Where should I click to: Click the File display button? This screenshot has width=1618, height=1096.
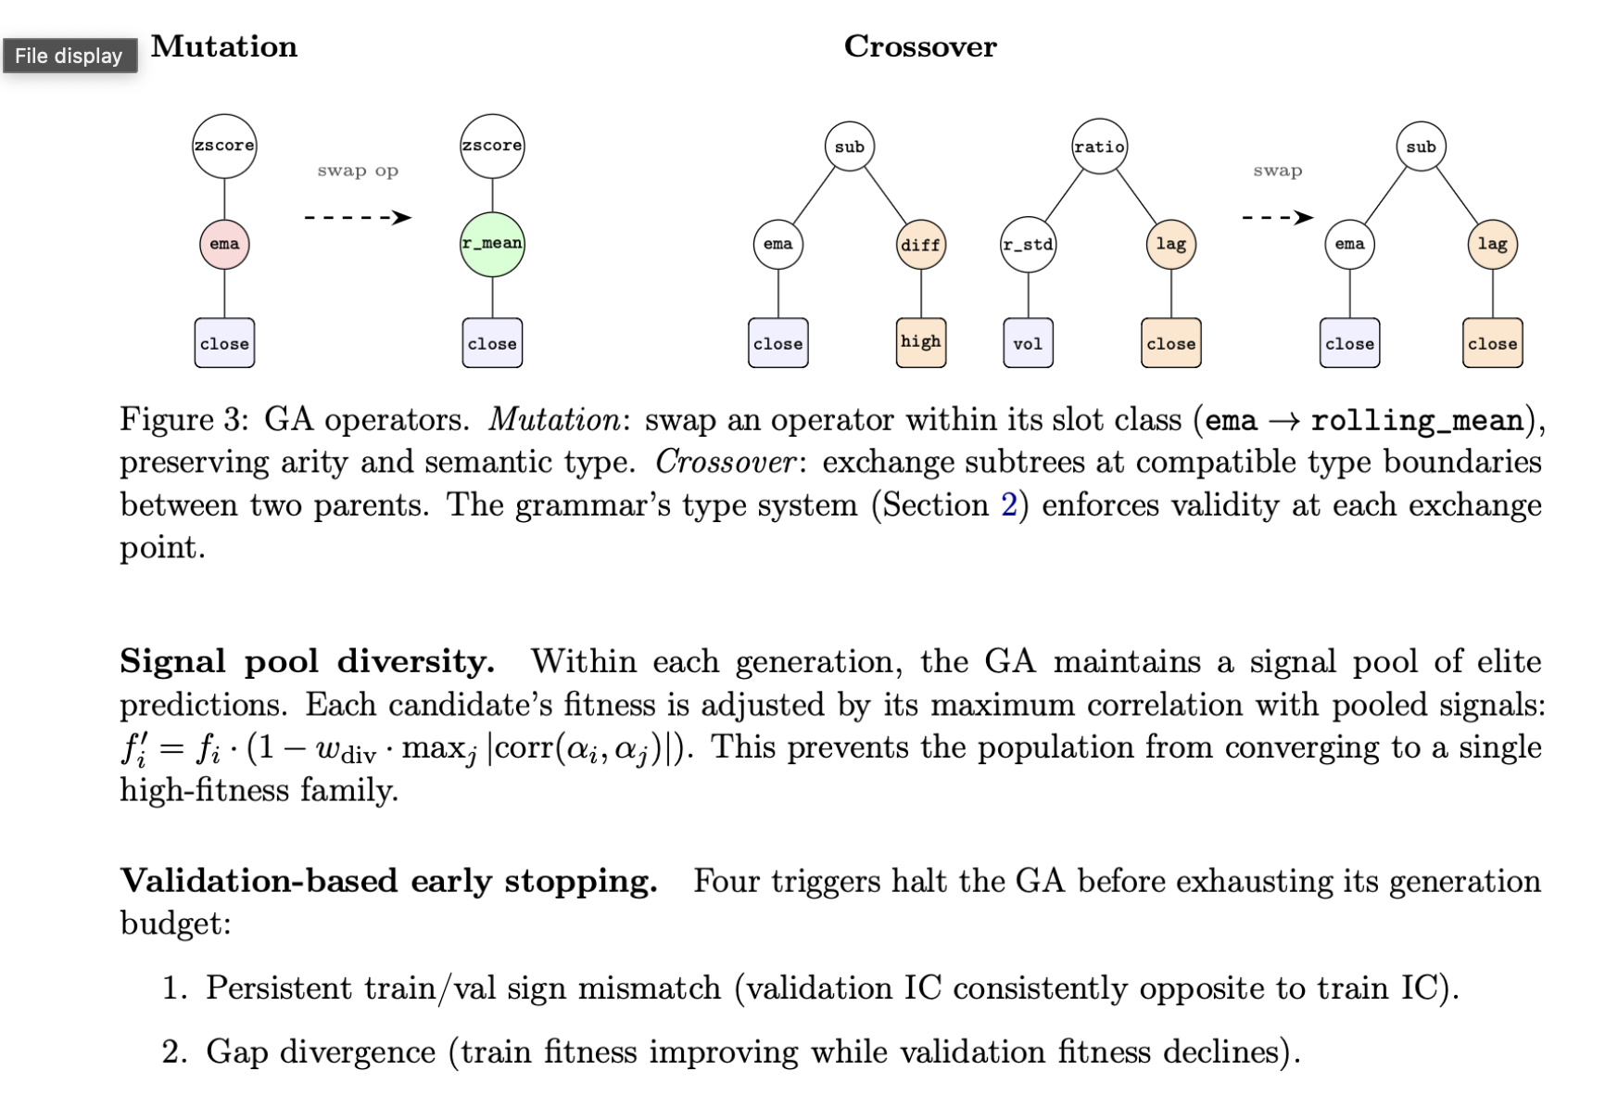(70, 56)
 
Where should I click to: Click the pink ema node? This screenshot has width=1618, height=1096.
(224, 245)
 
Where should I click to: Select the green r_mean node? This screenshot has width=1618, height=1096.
(492, 245)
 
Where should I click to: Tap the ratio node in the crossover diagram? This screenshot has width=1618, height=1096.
(1099, 147)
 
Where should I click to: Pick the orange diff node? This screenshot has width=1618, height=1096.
(920, 245)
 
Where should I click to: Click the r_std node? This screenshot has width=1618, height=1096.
(1028, 245)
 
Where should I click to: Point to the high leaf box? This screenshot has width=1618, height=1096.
(920, 342)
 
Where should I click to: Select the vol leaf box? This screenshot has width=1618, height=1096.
(1028, 344)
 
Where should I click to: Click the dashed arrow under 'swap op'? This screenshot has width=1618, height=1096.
(358, 218)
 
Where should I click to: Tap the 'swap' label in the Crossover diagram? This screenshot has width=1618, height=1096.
(1277, 171)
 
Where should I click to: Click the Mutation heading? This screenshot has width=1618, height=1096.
(224, 46)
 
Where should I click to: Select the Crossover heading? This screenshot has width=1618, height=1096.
(920, 46)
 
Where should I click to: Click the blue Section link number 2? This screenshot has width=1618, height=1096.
(1008, 505)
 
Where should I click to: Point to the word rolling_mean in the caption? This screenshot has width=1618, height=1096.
(1417, 421)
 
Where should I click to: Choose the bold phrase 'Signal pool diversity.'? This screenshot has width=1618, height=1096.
(307, 662)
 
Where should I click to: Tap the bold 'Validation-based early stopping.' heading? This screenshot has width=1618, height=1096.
(388, 881)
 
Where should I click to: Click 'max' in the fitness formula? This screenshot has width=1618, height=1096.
(425, 747)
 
